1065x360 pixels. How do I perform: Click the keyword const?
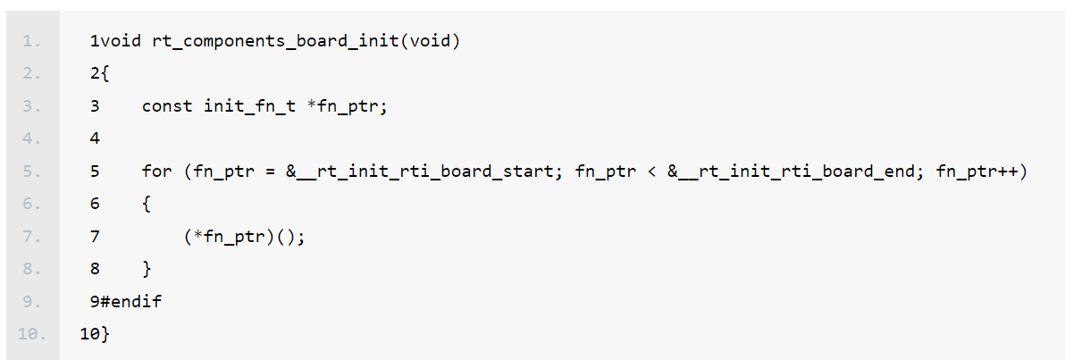167,106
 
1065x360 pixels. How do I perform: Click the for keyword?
157,171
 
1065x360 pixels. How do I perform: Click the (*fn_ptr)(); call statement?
243,237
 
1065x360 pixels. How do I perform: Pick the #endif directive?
130,302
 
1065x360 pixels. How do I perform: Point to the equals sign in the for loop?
265,171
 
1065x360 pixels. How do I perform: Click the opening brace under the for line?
147,205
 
